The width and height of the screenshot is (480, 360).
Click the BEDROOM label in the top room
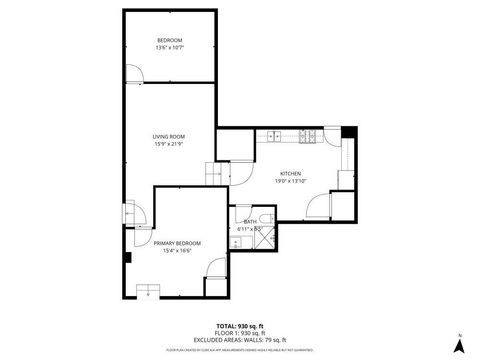pos(168,40)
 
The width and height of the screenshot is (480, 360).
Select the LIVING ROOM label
pos(168,136)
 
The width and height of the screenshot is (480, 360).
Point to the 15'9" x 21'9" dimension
pos(168,144)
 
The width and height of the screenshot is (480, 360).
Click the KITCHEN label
pos(290,173)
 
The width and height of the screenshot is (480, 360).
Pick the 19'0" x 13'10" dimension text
pos(290,181)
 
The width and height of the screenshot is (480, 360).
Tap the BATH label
pos(250,221)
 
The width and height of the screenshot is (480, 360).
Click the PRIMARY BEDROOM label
pos(177,243)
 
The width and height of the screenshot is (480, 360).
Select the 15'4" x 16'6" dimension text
pos(177,251)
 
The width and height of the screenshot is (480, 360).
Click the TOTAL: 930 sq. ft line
pos(239,326)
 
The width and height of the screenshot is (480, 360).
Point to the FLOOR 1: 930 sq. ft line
pos(239,333)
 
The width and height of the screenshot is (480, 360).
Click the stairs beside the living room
pos(216,172)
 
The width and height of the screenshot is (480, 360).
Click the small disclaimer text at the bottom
pos(239,350)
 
